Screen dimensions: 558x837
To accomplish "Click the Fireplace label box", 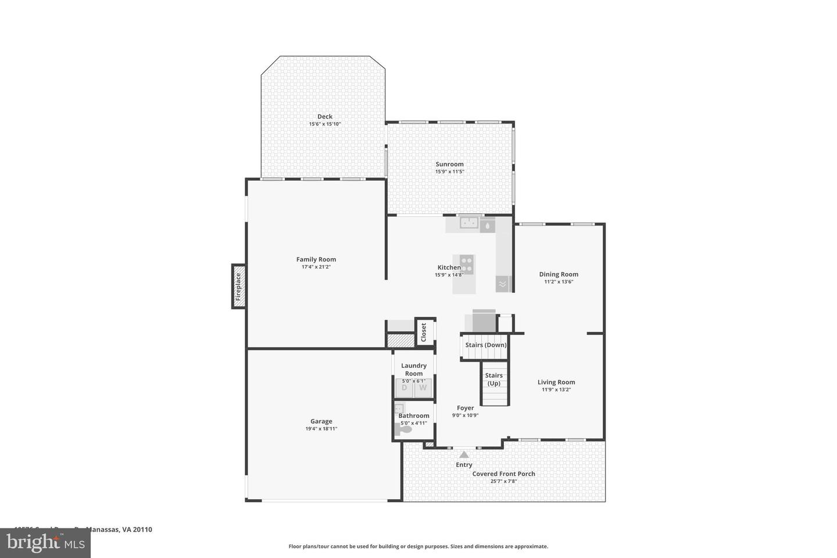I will (238, 287).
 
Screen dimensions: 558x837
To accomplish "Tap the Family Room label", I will (316, 260).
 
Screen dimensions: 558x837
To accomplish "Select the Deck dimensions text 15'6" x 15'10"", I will (325, 124).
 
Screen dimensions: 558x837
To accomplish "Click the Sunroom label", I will (450, 164).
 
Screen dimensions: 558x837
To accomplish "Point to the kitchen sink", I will (468, 223).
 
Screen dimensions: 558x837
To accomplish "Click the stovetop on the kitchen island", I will (466, 264).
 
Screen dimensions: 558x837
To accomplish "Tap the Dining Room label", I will (559, 274).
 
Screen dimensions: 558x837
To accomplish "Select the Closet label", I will (424, 332).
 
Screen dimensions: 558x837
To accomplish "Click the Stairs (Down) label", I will (486, 345).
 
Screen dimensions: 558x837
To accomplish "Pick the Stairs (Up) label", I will (494, 379).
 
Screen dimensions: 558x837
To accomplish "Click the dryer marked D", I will (405, 388).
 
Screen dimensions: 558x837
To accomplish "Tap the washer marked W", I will (423, 388).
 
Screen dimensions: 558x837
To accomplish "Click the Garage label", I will (321, 421).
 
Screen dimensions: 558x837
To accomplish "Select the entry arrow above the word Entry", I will (464, 455).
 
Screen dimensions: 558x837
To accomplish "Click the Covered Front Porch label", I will (503, 474).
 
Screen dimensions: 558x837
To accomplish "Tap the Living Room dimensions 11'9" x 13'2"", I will (556, 389).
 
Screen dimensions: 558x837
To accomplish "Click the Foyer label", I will (465, 408).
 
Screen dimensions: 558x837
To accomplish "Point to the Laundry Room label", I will (414, 370).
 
